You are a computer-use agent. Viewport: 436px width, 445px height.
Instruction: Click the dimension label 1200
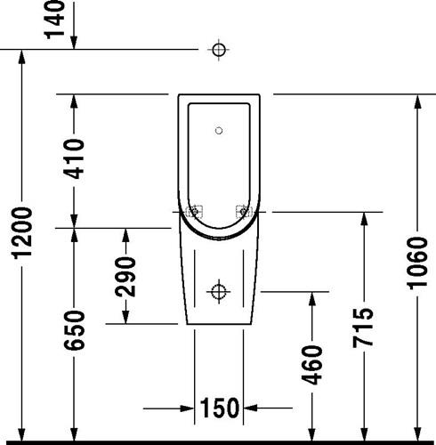(21, 233)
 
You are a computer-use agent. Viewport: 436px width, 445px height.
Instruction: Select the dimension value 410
(74, 159)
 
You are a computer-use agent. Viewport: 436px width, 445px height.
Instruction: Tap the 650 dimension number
(74, 330)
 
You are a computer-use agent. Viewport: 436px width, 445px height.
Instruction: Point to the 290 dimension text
(125, 277)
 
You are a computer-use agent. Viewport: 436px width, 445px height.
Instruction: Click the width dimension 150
(219, 409)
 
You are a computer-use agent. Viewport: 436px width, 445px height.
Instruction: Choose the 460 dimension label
(311, 365)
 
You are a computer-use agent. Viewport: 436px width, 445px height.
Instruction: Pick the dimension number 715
(363, 328)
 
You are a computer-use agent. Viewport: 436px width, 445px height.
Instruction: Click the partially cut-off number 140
(54, 20)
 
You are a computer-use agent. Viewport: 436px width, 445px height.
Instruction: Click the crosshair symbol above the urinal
(219, 50)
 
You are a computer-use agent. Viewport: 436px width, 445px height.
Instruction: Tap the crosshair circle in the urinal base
(219, 292)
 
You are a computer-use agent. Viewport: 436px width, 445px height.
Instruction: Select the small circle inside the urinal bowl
(219, 131)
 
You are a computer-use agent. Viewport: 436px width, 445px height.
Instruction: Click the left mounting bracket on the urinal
(194, 212)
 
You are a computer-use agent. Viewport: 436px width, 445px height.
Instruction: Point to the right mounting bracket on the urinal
(244, 212)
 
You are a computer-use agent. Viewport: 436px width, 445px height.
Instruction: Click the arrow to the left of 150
(168, 409)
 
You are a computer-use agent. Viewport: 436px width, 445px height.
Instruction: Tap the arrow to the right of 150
(268, 409)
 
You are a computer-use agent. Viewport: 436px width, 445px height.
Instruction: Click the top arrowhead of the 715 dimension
(364, 221)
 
